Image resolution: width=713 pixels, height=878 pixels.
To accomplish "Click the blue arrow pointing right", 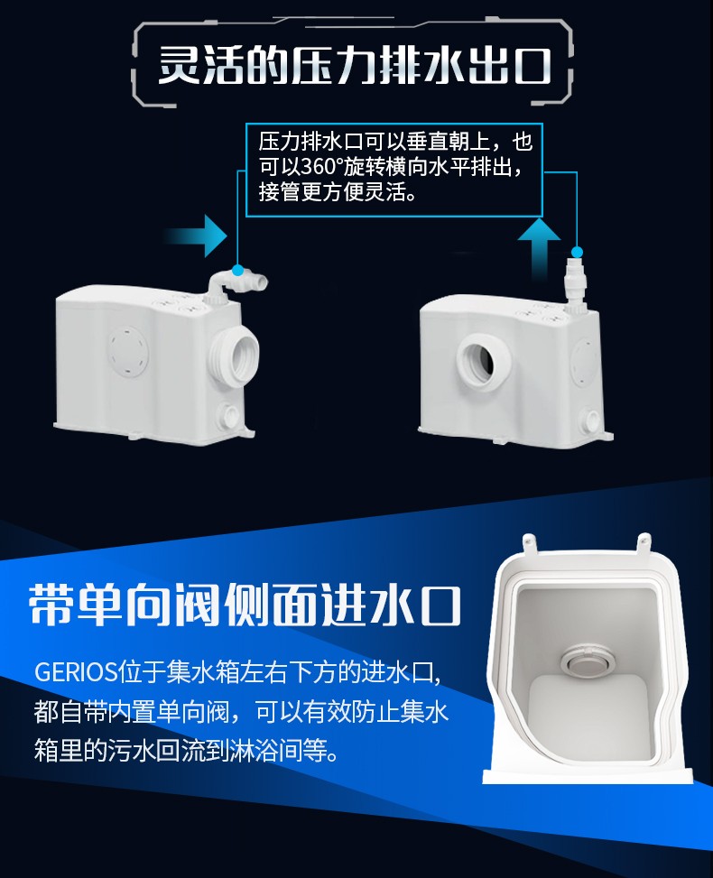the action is [x=199, y=236].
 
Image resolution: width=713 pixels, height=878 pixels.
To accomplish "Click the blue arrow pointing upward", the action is [x=538, y=246].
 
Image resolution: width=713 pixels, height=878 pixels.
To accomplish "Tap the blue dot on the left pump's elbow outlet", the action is [x=237, y=271].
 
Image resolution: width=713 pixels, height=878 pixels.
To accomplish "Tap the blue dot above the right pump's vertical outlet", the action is [x=577, y=252].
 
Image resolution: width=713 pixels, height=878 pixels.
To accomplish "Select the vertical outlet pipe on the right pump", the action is [x=575, y=286].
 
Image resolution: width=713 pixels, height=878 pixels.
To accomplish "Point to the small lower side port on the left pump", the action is [x=229, y=415].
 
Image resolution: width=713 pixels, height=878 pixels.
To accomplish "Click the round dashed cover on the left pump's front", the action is [x=128, y=352].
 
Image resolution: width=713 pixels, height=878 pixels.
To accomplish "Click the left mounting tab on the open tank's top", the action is [x=529, y=542].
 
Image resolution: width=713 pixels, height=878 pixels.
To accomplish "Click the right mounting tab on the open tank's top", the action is [x=644, y=541].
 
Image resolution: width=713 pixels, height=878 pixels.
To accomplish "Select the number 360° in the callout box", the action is [x=322, y=166].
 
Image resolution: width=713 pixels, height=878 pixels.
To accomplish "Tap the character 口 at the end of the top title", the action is [x=532, y=66].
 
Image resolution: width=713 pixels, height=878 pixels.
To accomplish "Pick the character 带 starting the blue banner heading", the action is [x=51, y=605].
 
